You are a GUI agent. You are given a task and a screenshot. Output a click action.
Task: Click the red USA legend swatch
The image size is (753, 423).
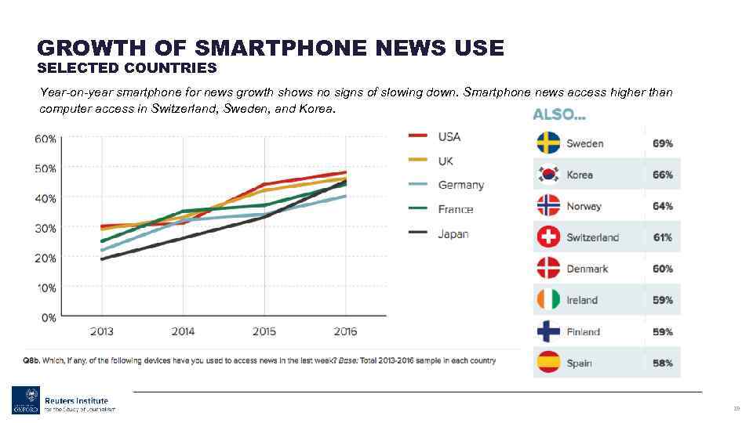click(418, 136)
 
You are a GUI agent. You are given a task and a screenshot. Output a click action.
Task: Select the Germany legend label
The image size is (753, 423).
click(460, 185)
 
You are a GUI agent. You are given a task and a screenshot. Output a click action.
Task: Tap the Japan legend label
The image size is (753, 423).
click(453, 233)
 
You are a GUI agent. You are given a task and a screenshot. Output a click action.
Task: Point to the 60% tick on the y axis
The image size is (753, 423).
click(45, 139)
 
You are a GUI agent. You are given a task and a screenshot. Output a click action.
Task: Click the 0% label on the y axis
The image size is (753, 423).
click(49, 317)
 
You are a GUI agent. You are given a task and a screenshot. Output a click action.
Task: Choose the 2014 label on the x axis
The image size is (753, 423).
click(183, 331)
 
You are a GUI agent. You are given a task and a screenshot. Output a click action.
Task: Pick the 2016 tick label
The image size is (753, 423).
click(345, 331)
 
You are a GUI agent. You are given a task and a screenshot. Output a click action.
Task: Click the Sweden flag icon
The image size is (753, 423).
click(548, 143)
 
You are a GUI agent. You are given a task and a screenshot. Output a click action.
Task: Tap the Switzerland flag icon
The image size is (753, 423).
click(548, 237)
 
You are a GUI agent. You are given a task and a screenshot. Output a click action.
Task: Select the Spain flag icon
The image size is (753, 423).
click(548, 363)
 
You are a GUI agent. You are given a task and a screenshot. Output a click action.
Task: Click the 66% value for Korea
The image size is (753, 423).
click(663, 175)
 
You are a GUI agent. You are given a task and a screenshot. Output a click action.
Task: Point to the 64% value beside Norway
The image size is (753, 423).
click(663, 206)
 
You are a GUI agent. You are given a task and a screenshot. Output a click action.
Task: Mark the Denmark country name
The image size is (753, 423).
click(587, 269)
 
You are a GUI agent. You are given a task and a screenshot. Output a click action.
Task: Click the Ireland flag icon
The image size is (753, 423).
click(548, 300)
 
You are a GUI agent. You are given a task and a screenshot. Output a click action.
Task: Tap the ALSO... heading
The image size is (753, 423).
click(559, 114)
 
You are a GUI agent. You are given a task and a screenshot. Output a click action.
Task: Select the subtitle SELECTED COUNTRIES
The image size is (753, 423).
click(127, 68)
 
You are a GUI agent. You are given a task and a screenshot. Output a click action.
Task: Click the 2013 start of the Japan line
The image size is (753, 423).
click(102, 258)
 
